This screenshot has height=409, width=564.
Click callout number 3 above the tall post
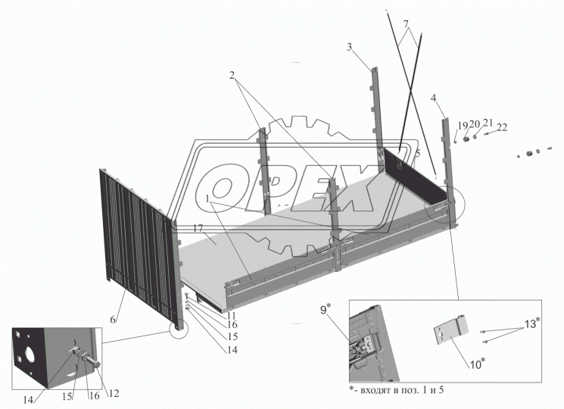[350, 47]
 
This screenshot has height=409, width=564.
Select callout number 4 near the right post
[434, 98]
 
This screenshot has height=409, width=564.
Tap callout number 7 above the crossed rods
[406, 24]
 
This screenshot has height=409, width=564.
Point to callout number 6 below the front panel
[113, 319]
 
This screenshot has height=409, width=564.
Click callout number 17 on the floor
[198, 229]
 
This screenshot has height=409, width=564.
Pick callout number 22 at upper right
[502, 127]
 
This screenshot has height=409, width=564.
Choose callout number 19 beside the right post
[463, 126]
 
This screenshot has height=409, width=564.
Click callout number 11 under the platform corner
[232, 316]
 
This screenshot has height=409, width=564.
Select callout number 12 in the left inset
[114, 393]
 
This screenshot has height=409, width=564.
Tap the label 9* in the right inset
[326, 309]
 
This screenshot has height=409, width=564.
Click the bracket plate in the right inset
[451, 330]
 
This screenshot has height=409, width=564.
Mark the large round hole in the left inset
[27, 354]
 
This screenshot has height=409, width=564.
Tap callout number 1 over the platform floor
[208, 199]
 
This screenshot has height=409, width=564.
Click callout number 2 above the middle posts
[232, 75]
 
